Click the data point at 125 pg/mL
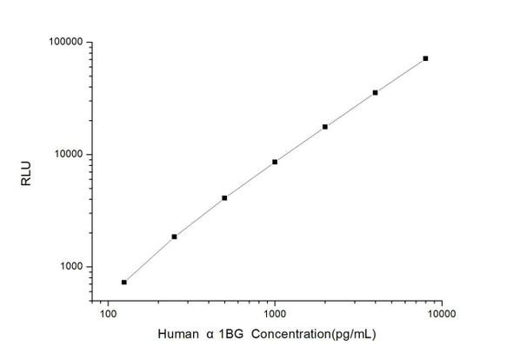(124, 282)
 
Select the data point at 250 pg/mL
(174, 237)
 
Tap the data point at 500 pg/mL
(224, 198)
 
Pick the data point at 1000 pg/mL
(275, 162)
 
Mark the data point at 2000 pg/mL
(325, 127)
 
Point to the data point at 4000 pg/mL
(375, 92)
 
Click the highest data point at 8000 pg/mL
(425, 58)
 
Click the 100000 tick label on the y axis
(64, 42)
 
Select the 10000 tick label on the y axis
(67, 155)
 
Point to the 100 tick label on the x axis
(108, 312)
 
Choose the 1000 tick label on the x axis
(275, 312)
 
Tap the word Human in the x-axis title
(177, 337)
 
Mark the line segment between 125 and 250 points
(150, 258)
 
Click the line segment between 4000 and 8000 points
(400, 75)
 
